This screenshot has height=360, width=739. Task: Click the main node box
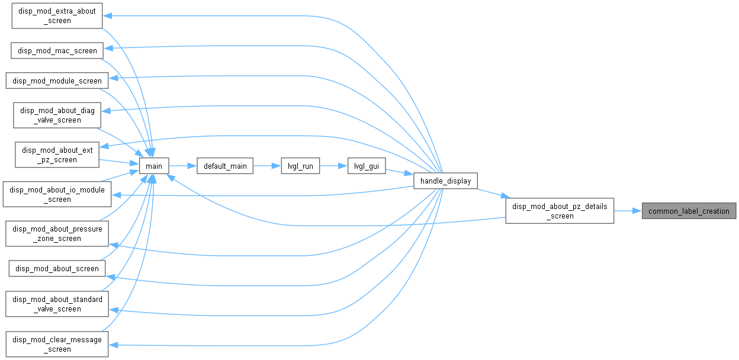click(154, 166)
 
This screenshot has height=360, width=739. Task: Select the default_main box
click(225, 166)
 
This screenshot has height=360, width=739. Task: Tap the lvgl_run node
click(300, 166)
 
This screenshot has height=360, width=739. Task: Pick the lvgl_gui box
click(367, 166)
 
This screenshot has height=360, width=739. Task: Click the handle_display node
click(445, 181)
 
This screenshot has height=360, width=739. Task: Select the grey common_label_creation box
click(689, 211)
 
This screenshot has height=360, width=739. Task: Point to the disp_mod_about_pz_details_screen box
click(560, 211)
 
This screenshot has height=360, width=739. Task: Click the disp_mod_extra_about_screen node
click(57, 16)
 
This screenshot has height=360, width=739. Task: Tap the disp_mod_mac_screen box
click(57, 50)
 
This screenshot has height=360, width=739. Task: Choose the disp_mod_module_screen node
click(57, 81)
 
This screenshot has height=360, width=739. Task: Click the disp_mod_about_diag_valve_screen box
click(57, 115)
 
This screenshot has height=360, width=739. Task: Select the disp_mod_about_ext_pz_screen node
click(57, 155)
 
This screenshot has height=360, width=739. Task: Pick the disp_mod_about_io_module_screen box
click(57, 194)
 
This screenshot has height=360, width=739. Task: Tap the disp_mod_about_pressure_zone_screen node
click(57, 234)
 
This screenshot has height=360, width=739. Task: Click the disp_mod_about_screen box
click(57, 269)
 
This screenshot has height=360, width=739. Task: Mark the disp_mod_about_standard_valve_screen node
click(57, 304)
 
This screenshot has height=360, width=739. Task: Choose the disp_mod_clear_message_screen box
click(57, 344)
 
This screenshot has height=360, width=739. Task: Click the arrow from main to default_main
click(183, 166)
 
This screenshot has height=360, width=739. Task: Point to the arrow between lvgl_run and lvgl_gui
click(333, 166)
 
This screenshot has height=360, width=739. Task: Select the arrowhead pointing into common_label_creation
click(637, 211)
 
